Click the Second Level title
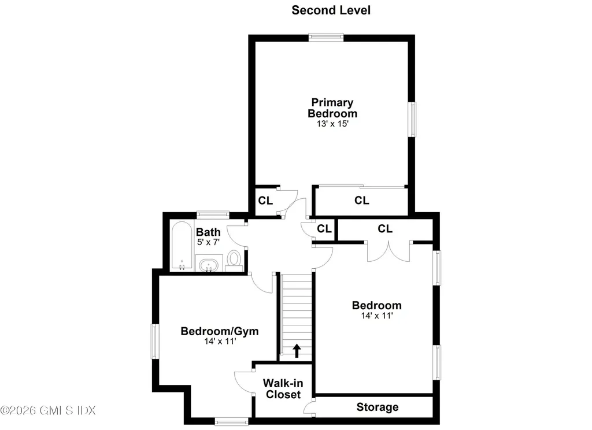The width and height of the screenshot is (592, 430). click(x=331, y=10)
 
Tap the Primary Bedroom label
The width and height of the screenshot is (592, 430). click(x=332, y=108)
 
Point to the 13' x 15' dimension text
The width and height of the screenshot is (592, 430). click(x=332, y=124)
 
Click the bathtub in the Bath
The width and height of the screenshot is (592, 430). click(x=182, y=246)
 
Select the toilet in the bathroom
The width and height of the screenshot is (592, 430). click(x=234, y=261)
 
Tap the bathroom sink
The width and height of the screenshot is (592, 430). click(x=208, y=265)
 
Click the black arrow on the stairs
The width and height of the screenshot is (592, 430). click(x=297, y=351)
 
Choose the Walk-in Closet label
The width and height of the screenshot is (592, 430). click(x=283, y=389)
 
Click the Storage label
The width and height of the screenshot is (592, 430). click(x=378, y=407)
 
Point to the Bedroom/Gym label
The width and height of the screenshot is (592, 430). click(x=220, y=331)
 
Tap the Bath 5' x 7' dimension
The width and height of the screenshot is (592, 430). click(x=208, y=242)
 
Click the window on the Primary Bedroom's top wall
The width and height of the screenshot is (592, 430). click(x=326, y=37)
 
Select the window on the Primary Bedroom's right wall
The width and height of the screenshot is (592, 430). click(x=412, y=119)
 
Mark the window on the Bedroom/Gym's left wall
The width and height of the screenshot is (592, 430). click(x=155, y=341)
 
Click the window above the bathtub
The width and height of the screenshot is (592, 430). click(x=213, y=214)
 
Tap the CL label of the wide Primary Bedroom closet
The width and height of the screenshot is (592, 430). click(x=362, y=201)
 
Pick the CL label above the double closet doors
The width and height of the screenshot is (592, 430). click(x=385, y=229)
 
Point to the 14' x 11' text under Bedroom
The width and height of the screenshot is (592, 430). click(x=377, y=316)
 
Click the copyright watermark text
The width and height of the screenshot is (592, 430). click(x=48, y=410)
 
